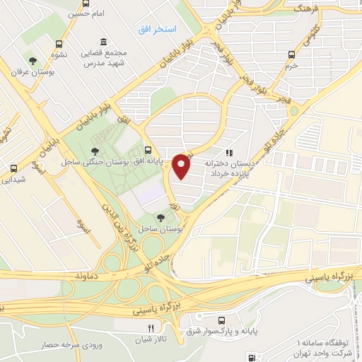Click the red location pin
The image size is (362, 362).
coord(182,166)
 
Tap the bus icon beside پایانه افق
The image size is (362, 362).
coord(147,150)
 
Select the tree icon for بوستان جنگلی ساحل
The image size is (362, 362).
coord(95,150)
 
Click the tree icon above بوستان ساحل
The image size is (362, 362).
coord(161,217)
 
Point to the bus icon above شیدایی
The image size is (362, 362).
coord(13,168)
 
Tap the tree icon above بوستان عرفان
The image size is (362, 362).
coord(30,59)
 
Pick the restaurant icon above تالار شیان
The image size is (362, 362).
coord(151,328)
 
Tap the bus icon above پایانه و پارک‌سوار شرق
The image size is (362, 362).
coord(223,320)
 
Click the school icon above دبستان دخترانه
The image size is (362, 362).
coord(228,152)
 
